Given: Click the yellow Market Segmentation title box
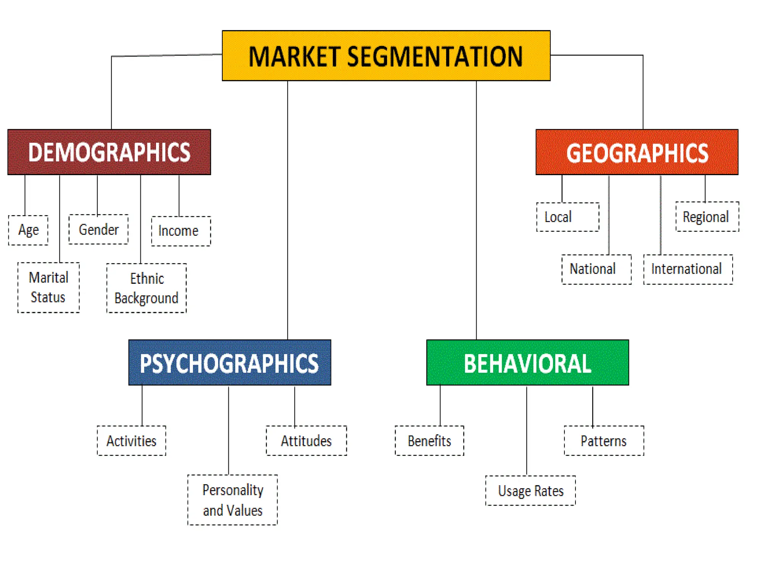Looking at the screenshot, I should tap(386, 56).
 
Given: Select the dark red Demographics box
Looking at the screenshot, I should tap(109, 152).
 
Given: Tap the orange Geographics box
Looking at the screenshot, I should tap(637, 152).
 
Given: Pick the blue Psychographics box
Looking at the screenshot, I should tap(230, 362).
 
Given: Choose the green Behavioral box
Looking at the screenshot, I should tap(527, 362).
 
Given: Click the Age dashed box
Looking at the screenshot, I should tap(28, 230).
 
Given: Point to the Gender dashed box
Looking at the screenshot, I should tap(98, 229).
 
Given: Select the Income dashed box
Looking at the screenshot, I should tap(181, 231).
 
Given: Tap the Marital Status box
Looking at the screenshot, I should tap(48, 287).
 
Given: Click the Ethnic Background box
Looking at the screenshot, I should tap(146, 288).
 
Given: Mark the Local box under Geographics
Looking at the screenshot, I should tap(567, 217).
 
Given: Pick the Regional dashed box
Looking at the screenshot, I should tap(707, 217).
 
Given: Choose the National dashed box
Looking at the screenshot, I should tap(596, 269).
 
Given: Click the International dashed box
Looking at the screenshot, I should tap(688, 269).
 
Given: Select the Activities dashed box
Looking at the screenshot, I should tap(132, 441).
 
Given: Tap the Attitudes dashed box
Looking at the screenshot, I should tap(306, 441).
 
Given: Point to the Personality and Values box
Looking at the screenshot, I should tap(232, 500).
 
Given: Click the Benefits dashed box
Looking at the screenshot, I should tap(429, 441).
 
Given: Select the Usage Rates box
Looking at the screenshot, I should tap(530, 491).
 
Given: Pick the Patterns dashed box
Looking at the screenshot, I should tap(604, 441).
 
